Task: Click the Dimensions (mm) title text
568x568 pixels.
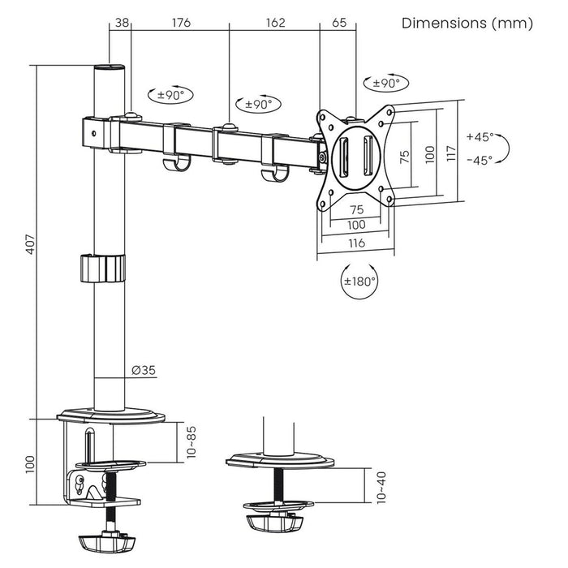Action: tap(467, 23)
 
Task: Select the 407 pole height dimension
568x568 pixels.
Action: tap(29, 243)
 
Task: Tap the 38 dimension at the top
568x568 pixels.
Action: tap(122, 23)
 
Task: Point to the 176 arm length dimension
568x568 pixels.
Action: tap(180, 23)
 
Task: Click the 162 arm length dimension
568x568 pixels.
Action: tap(275, 23)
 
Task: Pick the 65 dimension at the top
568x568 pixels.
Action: tap(338, 23)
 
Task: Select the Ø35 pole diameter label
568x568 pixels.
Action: tap(144, 371)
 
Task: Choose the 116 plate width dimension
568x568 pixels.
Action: tap(355, 243)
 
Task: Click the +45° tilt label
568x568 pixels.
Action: tap(480, 136)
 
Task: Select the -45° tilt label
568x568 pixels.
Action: tap(480, 160)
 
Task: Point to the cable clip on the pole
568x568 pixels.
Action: tap(104, 268)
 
